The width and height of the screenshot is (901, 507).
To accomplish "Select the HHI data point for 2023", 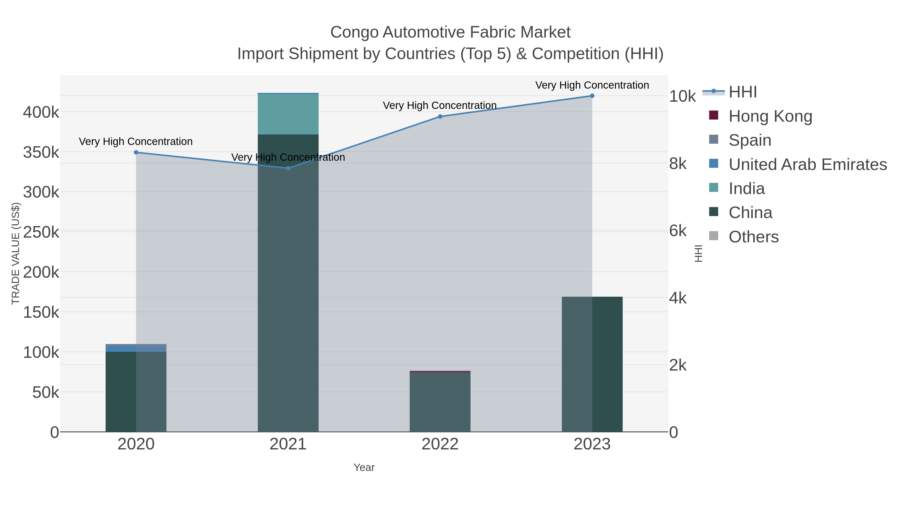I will (x=592, y=96).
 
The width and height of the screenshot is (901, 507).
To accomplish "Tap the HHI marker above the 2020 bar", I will (x=136, y=152).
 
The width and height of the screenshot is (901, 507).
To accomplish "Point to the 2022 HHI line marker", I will (x=440, y=116).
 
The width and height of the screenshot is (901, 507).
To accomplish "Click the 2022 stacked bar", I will (x=440, y=402).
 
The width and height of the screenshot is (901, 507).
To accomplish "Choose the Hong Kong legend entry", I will (x=770, y=116).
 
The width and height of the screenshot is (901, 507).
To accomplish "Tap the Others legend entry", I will (x=753, y=237).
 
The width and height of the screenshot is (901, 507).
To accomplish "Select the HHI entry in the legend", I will (x=742, y=92).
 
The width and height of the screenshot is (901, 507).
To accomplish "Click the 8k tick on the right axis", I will (x=678, y=164).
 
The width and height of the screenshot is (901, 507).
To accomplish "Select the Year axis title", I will (x=364, y=467).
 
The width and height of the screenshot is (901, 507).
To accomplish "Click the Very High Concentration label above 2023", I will (x=592, y=85).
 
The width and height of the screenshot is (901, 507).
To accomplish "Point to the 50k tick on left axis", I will (x=46, y=393).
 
